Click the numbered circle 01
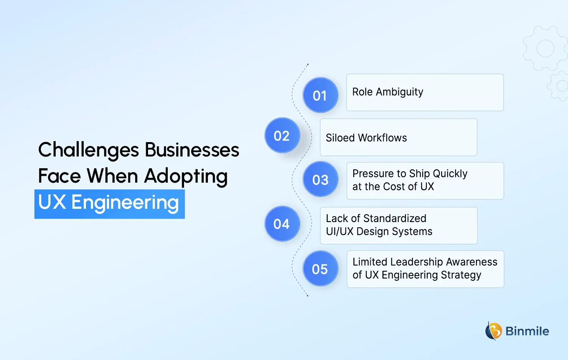[320, 95]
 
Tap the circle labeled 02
[282, 136]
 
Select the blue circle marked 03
[320, 180]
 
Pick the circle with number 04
[282, 224]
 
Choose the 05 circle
[320, 269]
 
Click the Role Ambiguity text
[388, 92]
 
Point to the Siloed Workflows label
[366, 138]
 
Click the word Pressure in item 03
[373, 174]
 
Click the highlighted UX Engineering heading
[109, 203]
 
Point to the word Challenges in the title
[89, 150]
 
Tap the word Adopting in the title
[186, 177]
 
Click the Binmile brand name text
[527, 331]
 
